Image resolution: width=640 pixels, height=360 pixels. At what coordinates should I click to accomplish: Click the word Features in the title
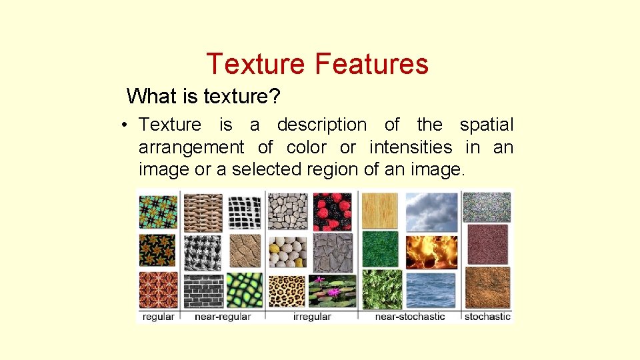click(x=371, y=64)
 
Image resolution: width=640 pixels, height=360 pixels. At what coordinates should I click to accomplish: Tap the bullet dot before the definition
click(x=125, y=125)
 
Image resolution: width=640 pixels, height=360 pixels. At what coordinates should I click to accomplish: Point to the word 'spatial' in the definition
click(x=487, y=125)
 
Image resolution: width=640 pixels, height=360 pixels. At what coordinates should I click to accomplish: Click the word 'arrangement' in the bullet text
click(x=191, y=147)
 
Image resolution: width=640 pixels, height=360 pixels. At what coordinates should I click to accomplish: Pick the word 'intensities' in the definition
click(x=410, y=147)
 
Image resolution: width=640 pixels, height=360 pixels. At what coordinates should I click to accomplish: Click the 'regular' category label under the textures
click(x=158, y=317)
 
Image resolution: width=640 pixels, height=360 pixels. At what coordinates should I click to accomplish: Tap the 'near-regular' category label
click(x=222, y=317)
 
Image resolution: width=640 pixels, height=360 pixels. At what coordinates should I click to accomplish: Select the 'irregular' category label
click(x=311, y=317)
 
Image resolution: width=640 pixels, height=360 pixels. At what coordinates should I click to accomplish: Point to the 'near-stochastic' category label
click(x=409, y=317)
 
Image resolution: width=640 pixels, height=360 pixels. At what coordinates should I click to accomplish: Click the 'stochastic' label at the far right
click(x=487, y=317)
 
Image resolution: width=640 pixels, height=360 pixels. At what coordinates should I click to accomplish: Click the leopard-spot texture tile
click(x=288, y=291)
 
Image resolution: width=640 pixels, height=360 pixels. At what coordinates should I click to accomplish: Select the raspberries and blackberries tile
click(x=333, y=211)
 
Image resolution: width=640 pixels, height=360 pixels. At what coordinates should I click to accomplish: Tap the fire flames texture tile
click(x=431, y=251)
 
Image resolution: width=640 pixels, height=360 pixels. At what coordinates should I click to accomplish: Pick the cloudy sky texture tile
click(x=431, y=211)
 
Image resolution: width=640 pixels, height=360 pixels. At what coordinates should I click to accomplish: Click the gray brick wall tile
click(x=202, y=291)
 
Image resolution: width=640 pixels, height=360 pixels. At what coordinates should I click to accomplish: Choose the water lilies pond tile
click(x=333, y=291)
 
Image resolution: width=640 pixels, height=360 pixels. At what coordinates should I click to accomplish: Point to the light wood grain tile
click(x=380, y=211)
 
